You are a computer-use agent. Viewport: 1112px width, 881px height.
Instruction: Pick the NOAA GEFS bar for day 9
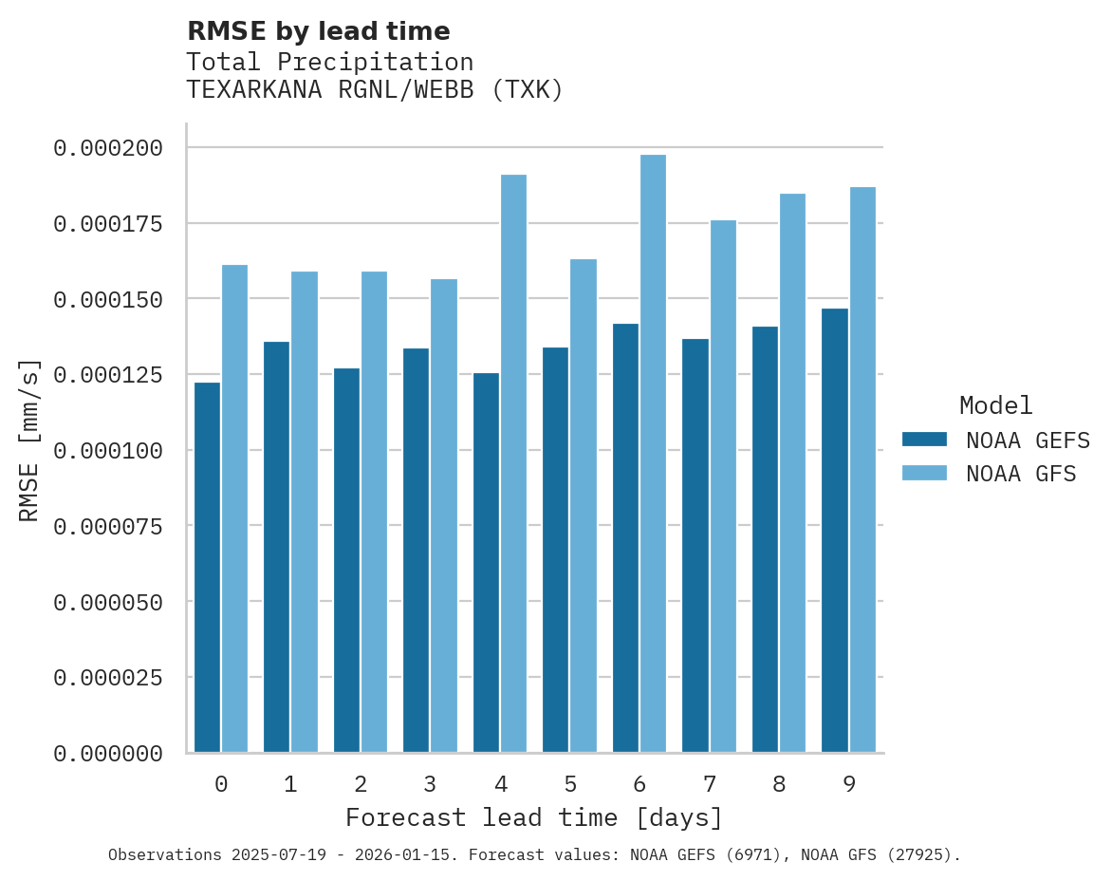835,531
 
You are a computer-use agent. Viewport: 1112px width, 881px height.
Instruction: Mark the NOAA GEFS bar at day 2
346,560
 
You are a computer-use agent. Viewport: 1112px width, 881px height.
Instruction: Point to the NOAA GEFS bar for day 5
556,550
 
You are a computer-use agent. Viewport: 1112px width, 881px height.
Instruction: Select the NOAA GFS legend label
1021,474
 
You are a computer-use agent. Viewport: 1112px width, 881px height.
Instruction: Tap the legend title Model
995,406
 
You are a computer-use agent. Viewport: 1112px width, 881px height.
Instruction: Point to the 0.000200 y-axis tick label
108,148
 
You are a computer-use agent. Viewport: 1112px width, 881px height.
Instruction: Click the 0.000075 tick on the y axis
108,526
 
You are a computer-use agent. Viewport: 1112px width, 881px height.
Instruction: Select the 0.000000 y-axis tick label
108,754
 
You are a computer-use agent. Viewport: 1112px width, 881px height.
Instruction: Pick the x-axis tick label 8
779,785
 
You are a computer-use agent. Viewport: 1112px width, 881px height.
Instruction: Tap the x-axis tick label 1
290,785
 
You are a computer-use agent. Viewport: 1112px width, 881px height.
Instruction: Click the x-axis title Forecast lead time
534,817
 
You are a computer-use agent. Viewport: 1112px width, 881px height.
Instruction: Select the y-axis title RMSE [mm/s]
29,440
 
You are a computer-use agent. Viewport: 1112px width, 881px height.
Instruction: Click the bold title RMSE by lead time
318,31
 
